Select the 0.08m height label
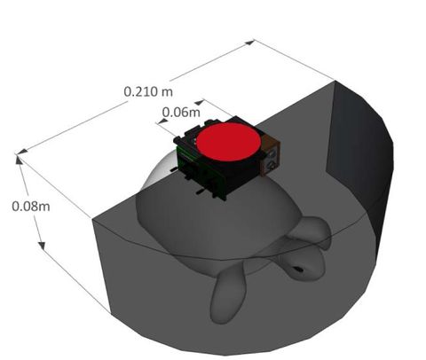(29, 205)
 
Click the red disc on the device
(228, 143)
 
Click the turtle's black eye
(299, 269)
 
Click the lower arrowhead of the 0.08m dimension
(43, 247)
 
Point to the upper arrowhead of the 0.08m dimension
(18, 159)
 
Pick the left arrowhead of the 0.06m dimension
(158, 122)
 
